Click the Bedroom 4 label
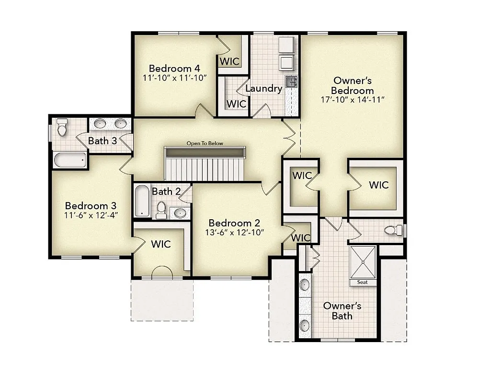tap(174, 68)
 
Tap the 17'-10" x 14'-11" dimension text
tap(353, 100)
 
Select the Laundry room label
tap(263, 88)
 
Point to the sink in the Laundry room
tap(291, 82)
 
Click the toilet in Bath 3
tap(62, 128)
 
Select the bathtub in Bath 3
tap(70, 160)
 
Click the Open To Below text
tap(205, 143)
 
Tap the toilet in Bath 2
tap(161, 210)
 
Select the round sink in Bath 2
tap(180, 213)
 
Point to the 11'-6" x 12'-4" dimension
tap(91, 215)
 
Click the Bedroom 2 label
tap(234, 223)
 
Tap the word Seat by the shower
tap(363, 282)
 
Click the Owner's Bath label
tap(342, 310)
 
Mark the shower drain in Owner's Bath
tap(363, 261)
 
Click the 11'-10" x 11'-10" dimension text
tap(174, 77)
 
